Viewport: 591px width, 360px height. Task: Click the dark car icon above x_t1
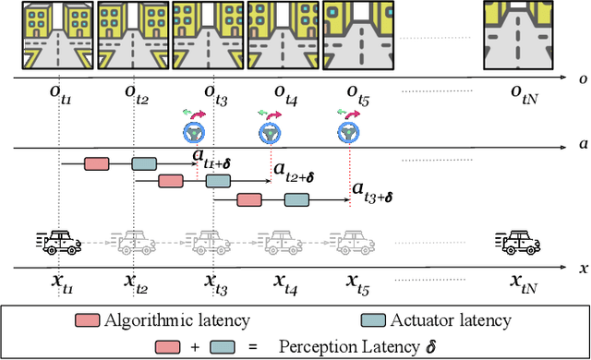[56, 242]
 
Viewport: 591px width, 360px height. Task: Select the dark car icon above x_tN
[522, 242]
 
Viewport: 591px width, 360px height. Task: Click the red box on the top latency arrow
[96, 163]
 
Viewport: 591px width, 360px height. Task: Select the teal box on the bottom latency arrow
[295, 198]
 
